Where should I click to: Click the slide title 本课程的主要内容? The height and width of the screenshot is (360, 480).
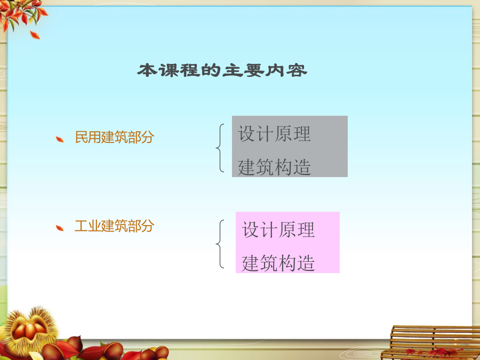pyautogui.click(x=222, y=70)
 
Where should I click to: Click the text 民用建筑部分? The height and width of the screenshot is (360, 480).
pyautogui.click(x=115, y=137)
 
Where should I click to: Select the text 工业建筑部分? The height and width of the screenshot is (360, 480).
pyautogui.click(x=114, y=226)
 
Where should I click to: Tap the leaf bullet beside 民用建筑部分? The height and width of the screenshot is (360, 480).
pyautogui.click(x=60, y=140)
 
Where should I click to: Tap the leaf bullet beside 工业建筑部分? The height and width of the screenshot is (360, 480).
pyautogui.click(x=60, y=228)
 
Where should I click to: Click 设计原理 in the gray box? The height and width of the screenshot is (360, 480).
pyautogui.click(x=274, y=134)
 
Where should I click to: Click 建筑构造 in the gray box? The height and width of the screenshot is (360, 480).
pyautogui.click(x=274, y=167)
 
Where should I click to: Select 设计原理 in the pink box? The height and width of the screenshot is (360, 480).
pyautogui.click(x=278, y=229)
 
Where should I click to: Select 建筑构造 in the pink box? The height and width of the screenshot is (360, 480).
pyautogui.click(x=278, y=263)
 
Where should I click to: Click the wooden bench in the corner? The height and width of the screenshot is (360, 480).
pyautogui.click(x=431, y=342)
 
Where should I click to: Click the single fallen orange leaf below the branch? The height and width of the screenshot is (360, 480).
pyautogui.click(x=35, y=35)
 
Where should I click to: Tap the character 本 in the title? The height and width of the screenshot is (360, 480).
pyautogui.click(x=147, y=70)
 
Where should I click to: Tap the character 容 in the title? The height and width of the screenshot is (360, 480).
pyautogui.click(x=297, y=70)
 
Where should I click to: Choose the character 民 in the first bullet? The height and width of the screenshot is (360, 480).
pyautogui.click(x=82, y=137)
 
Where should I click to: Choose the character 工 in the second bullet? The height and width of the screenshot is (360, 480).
pyautogui.click(x=81, y=226)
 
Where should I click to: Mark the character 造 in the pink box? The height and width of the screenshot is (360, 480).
pyautogui.click(x=306, y=263)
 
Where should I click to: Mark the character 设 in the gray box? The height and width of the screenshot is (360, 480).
pyautogui.click(x=247, y=134)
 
